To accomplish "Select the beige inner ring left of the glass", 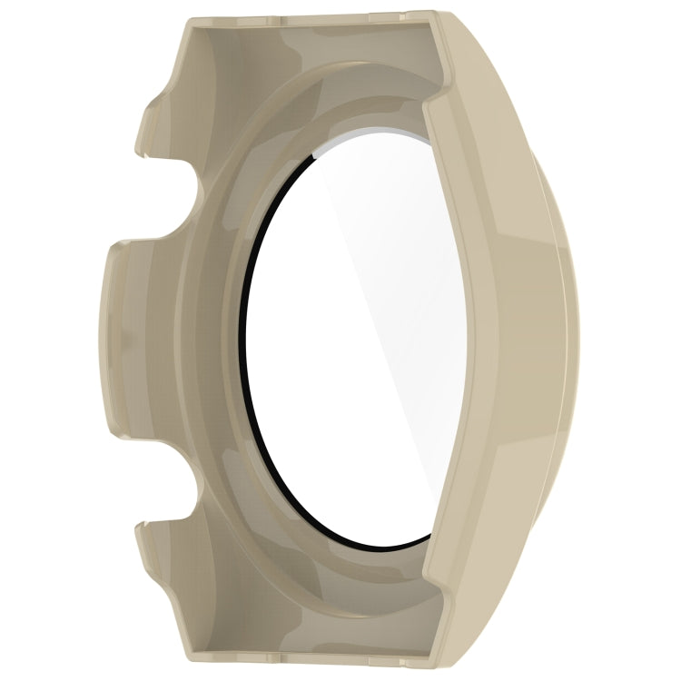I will coord(204,345).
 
